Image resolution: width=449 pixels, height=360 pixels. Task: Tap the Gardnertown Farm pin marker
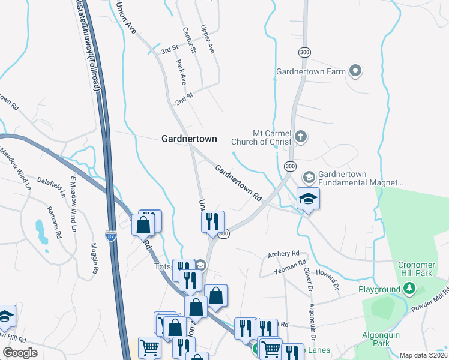coord(355,72)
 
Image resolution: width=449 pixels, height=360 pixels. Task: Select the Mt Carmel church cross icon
coord(301,138)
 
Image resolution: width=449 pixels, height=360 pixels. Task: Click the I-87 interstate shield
coord(111,235)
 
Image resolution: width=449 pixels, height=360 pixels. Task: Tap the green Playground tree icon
coord(409,289)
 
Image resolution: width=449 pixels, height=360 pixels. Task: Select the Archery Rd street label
coord(283,254)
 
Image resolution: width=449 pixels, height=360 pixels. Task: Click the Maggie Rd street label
coord(94,259)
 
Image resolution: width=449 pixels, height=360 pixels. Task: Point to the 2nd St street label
coord(184,98)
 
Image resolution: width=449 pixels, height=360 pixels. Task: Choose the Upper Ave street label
coord(208,40)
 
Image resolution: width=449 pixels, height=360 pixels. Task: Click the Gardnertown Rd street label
coord(239,183)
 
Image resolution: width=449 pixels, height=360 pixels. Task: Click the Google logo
coord(20,353)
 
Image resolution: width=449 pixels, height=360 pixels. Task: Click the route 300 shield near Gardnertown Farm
coord(305,52)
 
